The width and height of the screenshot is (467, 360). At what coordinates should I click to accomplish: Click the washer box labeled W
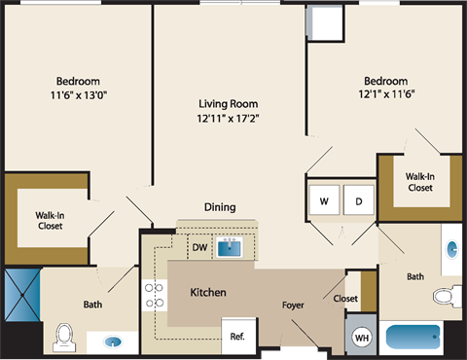click(324, 201)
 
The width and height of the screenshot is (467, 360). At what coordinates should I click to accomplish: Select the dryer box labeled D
click(357, 201)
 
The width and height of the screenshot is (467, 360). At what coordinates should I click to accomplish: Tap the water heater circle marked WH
click(361, 337)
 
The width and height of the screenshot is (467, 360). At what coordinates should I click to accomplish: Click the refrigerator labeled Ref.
click(237, 337)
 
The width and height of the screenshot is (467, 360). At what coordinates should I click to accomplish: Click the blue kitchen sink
click(230, 247)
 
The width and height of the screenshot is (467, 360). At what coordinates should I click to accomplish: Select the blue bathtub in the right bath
click(415, 339)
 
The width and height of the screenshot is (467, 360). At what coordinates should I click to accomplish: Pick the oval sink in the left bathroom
click(114, 342)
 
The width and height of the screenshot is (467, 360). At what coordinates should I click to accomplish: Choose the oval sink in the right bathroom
click(450, 249)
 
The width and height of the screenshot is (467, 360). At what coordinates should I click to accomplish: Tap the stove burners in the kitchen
click(152, 295)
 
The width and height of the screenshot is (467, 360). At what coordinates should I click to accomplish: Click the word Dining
click(220, 206)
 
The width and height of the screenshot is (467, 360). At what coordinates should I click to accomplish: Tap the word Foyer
click(293, 306)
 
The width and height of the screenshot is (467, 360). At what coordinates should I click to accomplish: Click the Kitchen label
click(208, 292)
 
